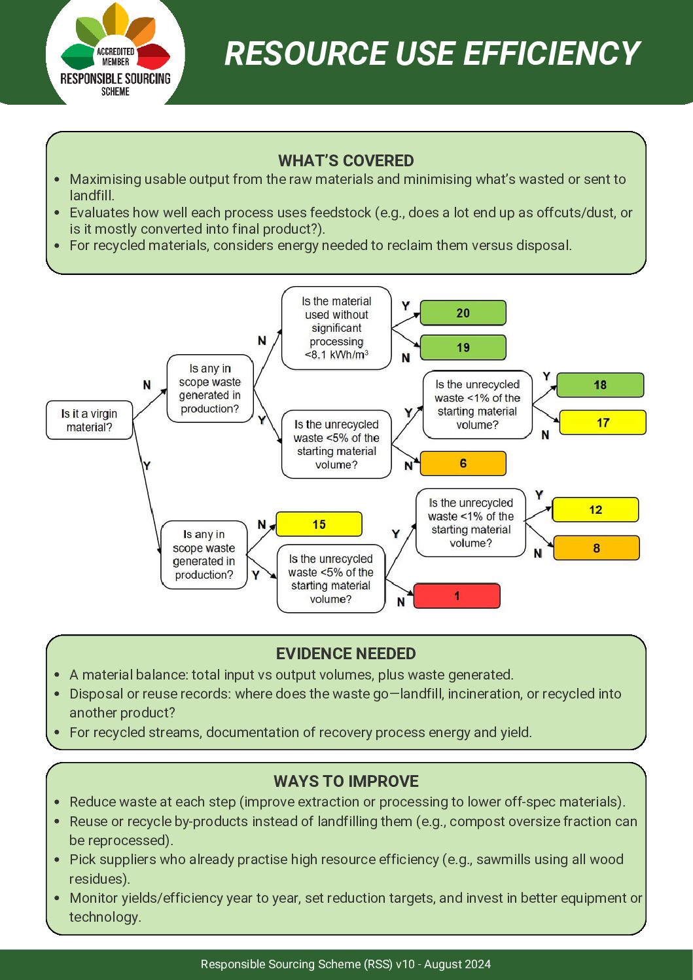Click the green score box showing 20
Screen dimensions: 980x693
click(463, 313)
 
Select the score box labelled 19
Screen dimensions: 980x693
click(463, 348)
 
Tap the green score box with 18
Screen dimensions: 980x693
click(600, 385)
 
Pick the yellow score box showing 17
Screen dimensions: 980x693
click(603, 423)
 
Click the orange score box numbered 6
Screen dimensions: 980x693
click(463, 463)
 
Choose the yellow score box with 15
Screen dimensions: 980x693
click(319, 524)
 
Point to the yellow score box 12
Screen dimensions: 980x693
click(595, 510)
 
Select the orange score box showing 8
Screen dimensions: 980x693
click(596, 548)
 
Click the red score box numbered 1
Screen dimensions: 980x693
click(457, 596)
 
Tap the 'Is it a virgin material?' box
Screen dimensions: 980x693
click(90, 420)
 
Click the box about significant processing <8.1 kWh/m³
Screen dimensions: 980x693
click(336, 328)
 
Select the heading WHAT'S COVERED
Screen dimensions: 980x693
click(346, 160)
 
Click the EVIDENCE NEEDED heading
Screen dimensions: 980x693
click(346, 653)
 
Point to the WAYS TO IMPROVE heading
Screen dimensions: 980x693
click(346, 781)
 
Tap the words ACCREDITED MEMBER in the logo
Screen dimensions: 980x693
click(115, 56)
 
